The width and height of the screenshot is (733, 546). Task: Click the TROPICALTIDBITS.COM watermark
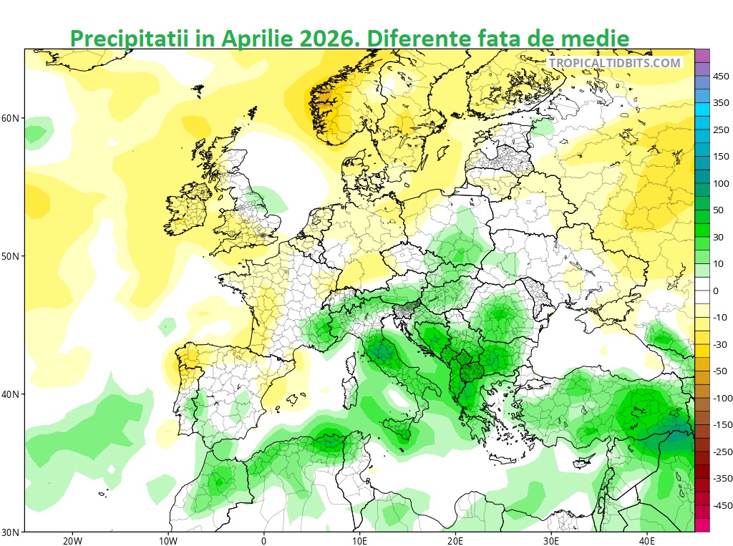[x=615, y=63]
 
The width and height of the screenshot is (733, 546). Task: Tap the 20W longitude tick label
[x=72, y=541]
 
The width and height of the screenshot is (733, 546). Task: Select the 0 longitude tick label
[x=263, y=541]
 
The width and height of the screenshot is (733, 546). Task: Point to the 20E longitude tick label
[x=455, y=541]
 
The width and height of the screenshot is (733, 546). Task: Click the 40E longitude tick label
[x=646, y=541]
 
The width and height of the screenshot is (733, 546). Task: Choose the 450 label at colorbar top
[x=721, y=76]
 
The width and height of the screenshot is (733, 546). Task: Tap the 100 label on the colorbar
[x=721, y=184]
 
